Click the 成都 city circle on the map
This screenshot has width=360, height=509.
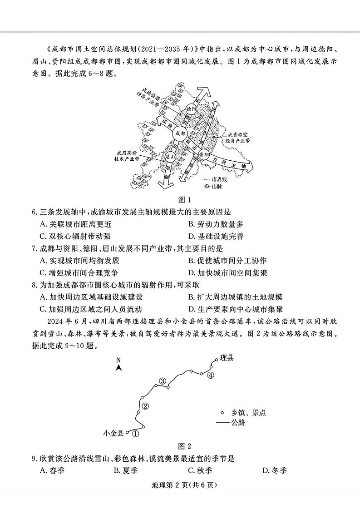pos(180,134)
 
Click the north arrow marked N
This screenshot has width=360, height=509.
pos(118,364)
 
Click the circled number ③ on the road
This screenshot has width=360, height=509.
pos(162,381)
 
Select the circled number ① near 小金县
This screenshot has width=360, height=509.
pos(135,433)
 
